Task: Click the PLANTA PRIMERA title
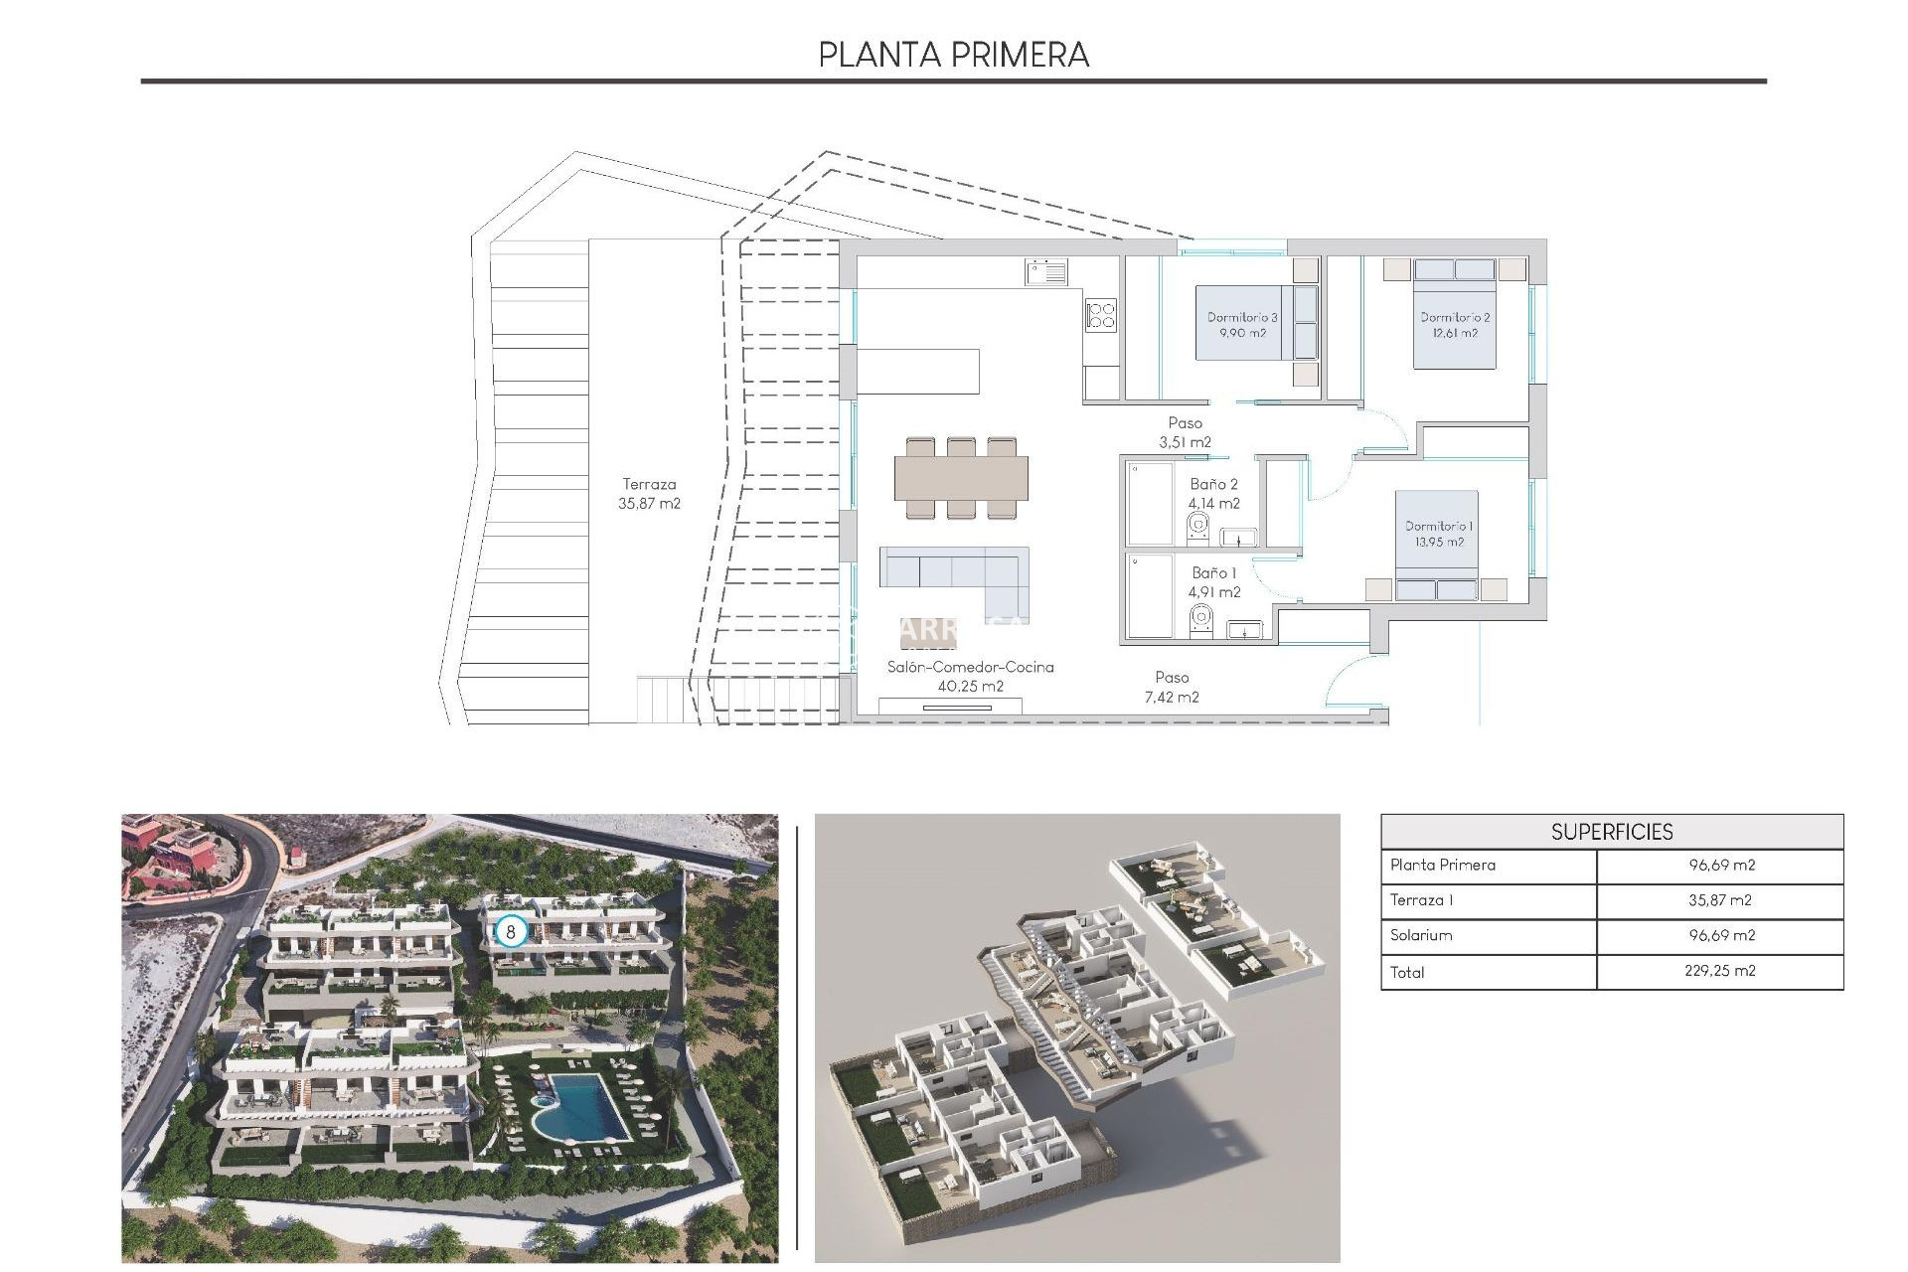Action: (x=953, y=55)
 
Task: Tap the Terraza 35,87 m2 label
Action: (x=649, y=494)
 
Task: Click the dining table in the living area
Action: (x=961, y=478)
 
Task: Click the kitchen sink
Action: (x=1046, y=271)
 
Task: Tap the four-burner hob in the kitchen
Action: (x=1101, y=315)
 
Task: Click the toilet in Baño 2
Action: (x=1198, y=529)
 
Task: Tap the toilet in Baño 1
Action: (x=1200, y=620)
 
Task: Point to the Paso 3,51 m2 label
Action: (x=1185, y=433)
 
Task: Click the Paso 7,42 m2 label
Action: (x=1172, y=688)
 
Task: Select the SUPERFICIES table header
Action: (x=1611, y=832)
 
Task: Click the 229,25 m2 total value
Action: (x=1719, y=971)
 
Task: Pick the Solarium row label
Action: (x=1421, y=935)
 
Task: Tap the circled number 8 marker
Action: (x=511, y=932)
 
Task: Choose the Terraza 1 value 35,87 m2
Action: (x=1719, y=900)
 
